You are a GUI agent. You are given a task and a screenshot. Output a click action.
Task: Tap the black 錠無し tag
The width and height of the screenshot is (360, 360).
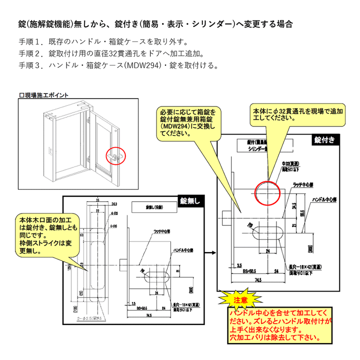tap(190, 201)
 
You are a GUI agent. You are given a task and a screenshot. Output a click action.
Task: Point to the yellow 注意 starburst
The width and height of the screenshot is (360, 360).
tap(241, 300)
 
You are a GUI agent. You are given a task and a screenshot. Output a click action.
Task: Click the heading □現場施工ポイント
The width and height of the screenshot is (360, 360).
tap(43, 95)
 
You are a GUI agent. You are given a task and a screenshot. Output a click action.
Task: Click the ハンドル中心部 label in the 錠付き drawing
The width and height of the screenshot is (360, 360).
tap(323, 199)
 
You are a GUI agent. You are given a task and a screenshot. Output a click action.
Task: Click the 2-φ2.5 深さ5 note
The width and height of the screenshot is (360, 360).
tap(90, 318)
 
